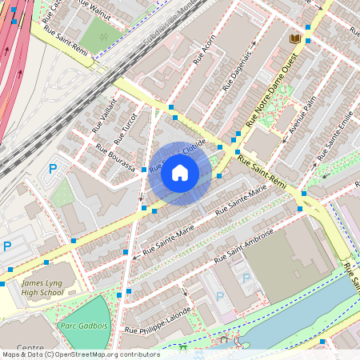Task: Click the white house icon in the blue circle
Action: pyautogui.click(x=180, y=172)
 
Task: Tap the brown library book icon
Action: pyautogui.click(x=294, y=38)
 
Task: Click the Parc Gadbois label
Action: pyautogui.click(x=82, y=326)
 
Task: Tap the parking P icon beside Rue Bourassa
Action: pyautogui.click(x=53, y=169)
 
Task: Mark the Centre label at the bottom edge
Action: pyautogui.click(x=30, y=349)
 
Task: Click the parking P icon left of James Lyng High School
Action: pyautogui.click(x=7, y=246)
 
